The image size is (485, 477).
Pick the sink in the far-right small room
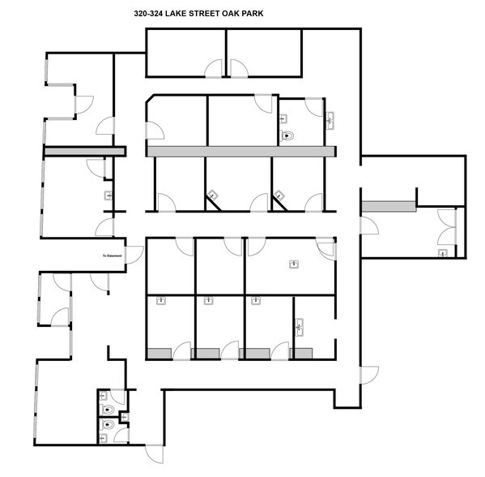click(x=443, y=254)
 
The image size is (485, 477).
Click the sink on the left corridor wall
click(x=108, y=196)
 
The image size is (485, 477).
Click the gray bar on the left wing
click(x=84, y=151)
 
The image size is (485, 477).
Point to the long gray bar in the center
click(x=240, y=152)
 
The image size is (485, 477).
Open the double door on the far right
click(x=445, y=228)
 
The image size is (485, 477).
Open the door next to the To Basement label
click(x=100, y=281)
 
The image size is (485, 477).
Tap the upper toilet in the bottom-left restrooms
click(x=104, y=398)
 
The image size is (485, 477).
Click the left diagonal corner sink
click(x=213, y=195)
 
